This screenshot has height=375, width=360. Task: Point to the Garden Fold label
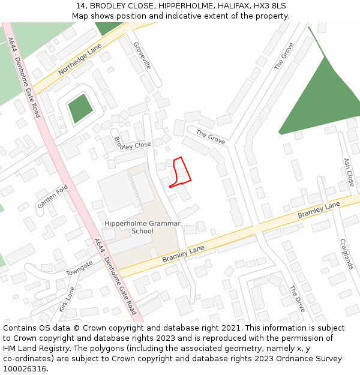pos(53,197)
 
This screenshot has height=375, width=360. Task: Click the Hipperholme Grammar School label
pos(142,227)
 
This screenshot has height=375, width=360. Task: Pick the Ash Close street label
pos(348,172)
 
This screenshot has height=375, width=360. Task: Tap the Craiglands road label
pos(347,254)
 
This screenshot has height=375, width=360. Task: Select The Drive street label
pos(298,299)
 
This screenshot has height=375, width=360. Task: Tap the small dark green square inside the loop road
pos(80,109)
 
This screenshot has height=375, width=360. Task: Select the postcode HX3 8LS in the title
pos(271,6)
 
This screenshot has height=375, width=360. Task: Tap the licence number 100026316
pos(25,369)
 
